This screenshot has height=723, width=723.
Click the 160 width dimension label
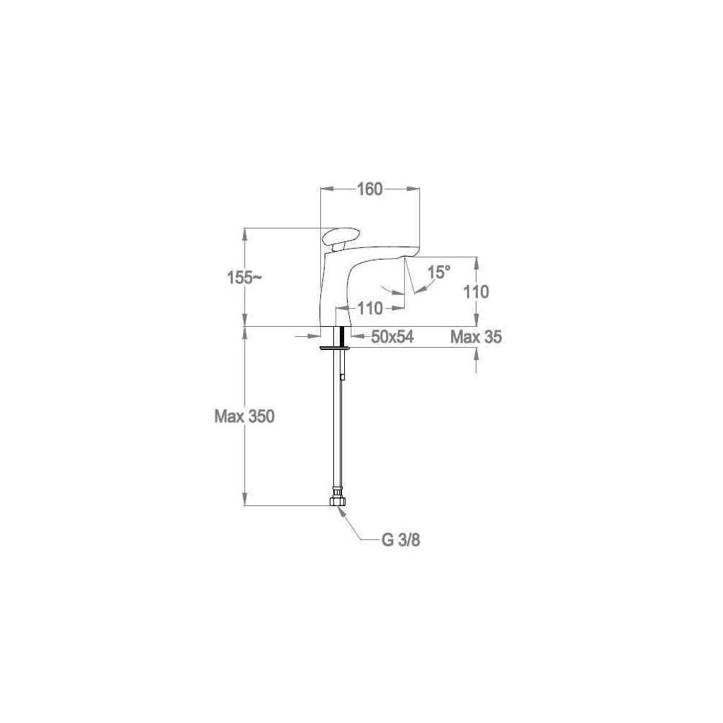tap(370, 189)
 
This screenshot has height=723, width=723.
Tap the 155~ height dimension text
tap(245, 278)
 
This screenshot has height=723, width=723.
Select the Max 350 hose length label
tap(244, 416)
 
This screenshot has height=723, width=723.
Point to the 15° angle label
tap(439, 272)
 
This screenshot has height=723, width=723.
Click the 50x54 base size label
tap(393, 337)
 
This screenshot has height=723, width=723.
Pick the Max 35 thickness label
tap(476, 337)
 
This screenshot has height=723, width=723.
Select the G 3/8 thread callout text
tap(401, 540)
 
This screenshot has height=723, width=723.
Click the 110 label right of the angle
tap(476, 292)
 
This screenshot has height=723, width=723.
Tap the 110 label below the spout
tap(370, 308)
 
